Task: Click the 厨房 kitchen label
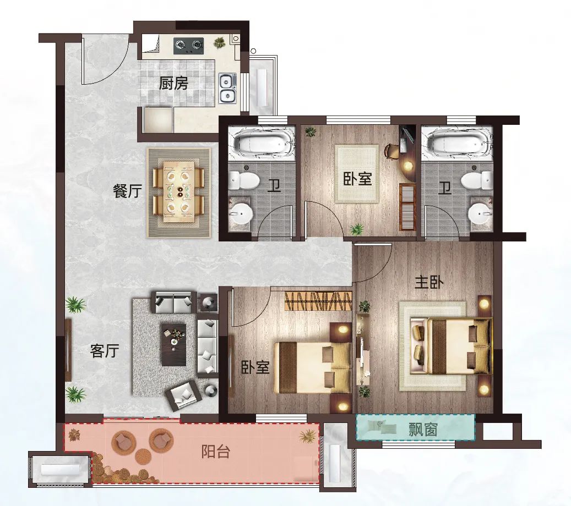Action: [173, 84]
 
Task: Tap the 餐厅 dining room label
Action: [127, 191]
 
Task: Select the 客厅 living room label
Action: [105, 351]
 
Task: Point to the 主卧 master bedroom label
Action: [429, 282]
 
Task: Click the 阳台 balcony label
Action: [216, 452]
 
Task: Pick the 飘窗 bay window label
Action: [422, 430]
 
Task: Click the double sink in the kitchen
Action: [227, 87]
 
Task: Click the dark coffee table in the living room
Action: [173, 344]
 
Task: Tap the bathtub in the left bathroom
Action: [261, 143]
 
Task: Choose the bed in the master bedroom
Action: [451, 345]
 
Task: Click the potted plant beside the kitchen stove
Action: [219, 43]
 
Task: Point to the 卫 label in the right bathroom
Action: [445, 189]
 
